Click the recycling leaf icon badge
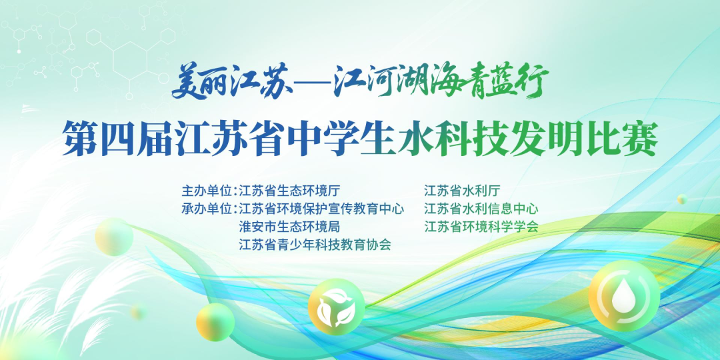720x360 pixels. (x=337, y=307)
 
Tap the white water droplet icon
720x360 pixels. (x=624, y=295)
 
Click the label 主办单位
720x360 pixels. (x=207, y=191)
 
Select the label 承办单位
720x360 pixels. (x=207, y=209)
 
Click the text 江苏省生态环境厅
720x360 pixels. (x=289, y=191)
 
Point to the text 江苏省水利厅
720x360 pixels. (x=462, y=191)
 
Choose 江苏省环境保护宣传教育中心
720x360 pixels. (x=321, y=209)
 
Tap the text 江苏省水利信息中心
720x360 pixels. (x=481, y=209)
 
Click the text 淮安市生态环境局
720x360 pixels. (x=289, y=227)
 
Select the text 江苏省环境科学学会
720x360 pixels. (x=481, y=227)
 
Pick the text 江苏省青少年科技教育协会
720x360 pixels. (x=315, y=245)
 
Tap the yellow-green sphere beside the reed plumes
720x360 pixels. (x=115, y=237)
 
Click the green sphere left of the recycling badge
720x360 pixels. (x=215, y=322)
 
